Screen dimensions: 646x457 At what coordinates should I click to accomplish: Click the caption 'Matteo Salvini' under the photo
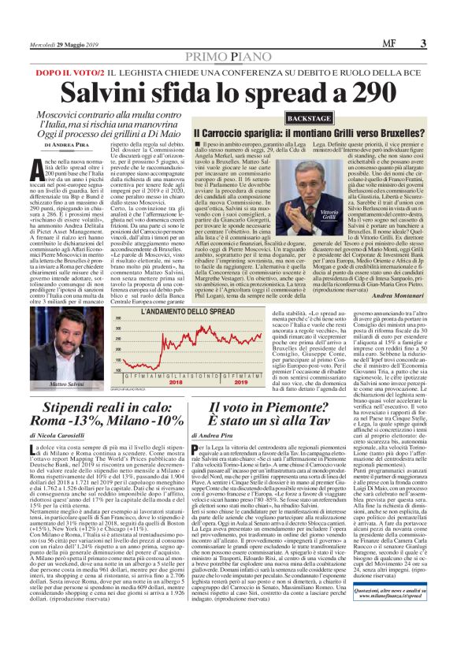tap(66, 383)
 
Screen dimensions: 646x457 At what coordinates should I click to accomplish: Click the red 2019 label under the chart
tap(238, 381)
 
